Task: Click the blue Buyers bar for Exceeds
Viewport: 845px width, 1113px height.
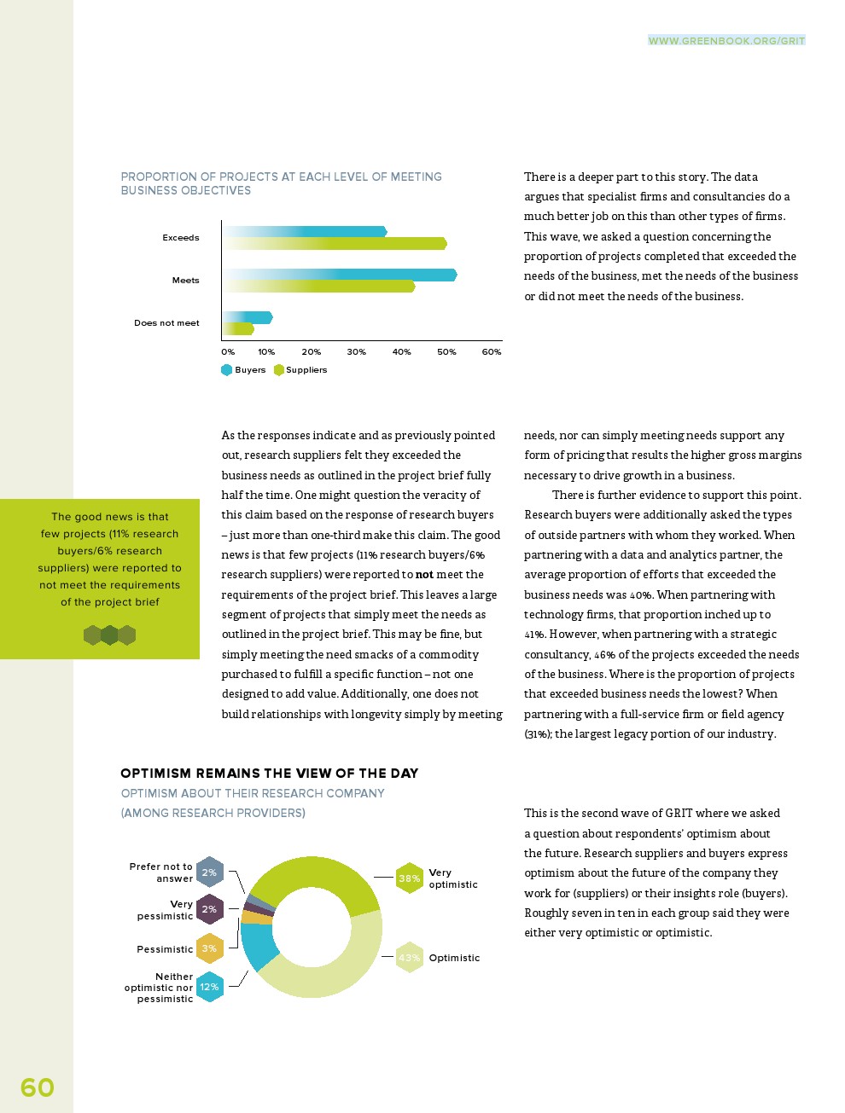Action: point(341,231)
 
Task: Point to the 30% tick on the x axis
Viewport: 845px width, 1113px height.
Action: point(356,351)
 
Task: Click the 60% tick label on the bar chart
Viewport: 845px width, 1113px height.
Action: point(492,351)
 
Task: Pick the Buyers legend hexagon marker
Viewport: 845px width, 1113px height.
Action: point(227,370)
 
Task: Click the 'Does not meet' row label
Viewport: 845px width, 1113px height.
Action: point(166,323)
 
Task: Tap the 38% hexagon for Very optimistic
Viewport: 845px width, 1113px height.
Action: point(410,878)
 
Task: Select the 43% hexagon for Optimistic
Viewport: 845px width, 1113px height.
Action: point(410,958)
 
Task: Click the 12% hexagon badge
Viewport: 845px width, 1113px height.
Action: point(209,987)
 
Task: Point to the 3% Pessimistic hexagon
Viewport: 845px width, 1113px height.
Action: point(209,948)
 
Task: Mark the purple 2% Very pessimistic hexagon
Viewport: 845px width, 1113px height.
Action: point(209,909)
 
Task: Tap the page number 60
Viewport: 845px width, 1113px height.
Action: point(37,1087)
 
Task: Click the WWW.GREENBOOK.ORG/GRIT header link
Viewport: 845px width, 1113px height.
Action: point(726,40)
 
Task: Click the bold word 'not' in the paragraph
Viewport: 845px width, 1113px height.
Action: point(424,575)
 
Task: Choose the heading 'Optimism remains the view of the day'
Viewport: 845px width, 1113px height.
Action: point(270,774)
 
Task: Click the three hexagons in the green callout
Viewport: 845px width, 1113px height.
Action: point(109,635)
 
